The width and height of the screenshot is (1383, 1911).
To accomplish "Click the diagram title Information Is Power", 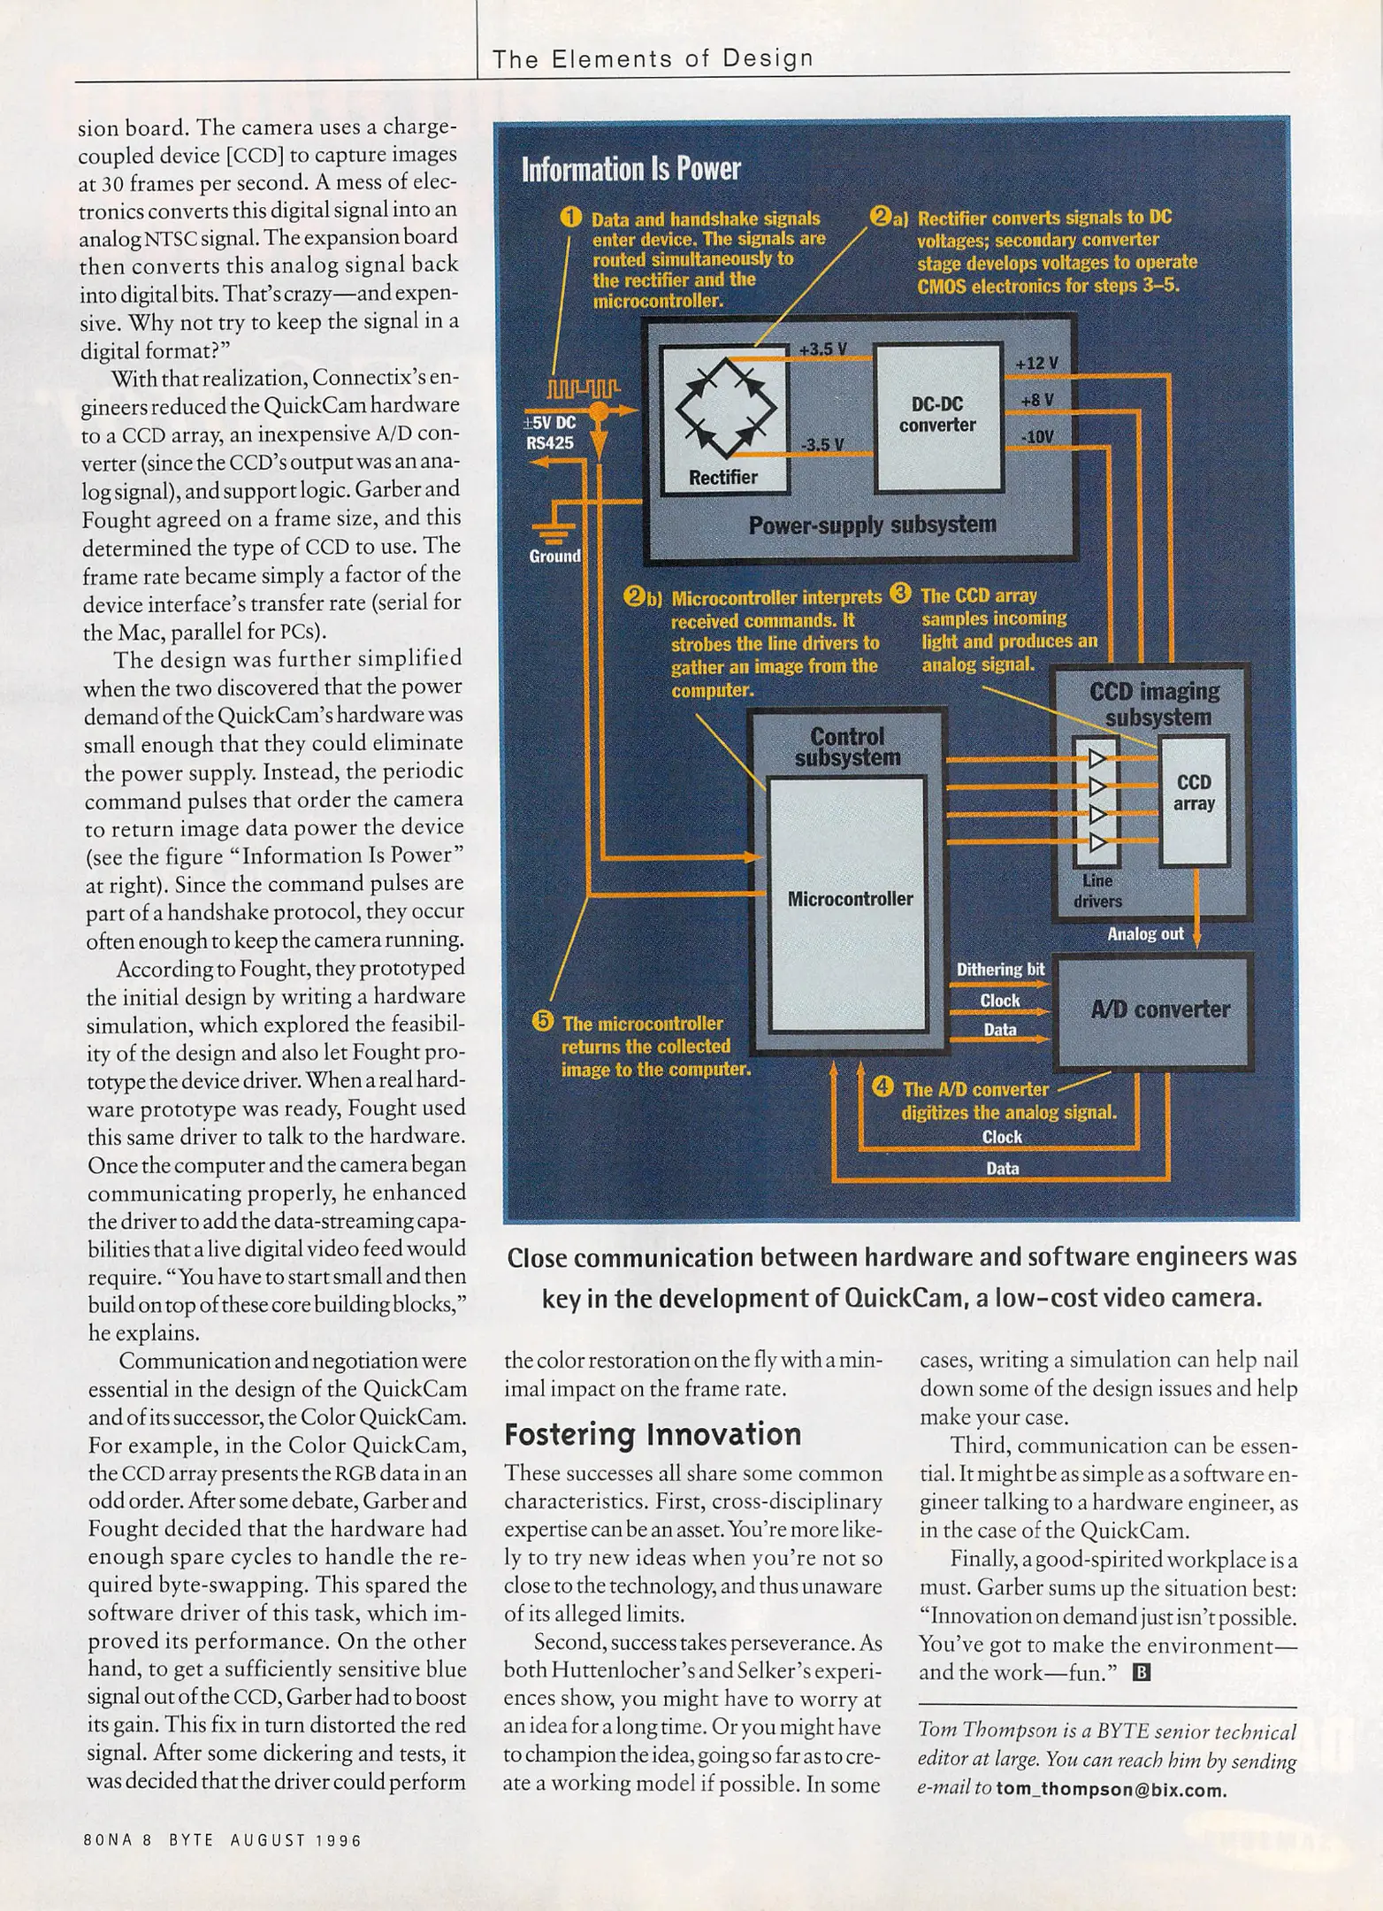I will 630,169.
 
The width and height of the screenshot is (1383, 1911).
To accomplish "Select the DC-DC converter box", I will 937,416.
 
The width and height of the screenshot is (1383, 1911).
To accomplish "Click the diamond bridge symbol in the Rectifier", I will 725,406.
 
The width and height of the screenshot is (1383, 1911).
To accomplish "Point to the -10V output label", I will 1036,437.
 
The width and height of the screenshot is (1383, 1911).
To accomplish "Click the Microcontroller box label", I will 850,899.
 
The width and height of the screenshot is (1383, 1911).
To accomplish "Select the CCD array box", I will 1193,796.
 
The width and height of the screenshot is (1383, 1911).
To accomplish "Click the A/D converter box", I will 1159,1009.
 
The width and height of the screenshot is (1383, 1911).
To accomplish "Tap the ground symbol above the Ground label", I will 551,529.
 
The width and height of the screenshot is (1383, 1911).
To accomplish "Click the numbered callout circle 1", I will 571,218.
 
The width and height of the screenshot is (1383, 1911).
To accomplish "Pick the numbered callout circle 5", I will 542,1022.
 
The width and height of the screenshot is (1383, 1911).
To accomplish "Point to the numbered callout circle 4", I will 883,1086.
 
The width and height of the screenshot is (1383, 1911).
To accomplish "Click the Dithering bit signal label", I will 1000,970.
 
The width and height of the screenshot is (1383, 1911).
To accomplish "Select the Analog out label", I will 1145,933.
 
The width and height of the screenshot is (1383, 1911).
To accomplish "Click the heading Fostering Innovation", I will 653,1434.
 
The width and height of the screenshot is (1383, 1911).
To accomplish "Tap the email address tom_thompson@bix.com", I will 1111,1790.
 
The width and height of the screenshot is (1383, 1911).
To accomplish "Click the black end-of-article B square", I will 1142,1672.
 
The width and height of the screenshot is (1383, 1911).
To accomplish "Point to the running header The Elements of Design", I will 653,59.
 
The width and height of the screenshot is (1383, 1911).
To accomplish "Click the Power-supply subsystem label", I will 872,526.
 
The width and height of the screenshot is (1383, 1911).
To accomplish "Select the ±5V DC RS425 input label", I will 550,433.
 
